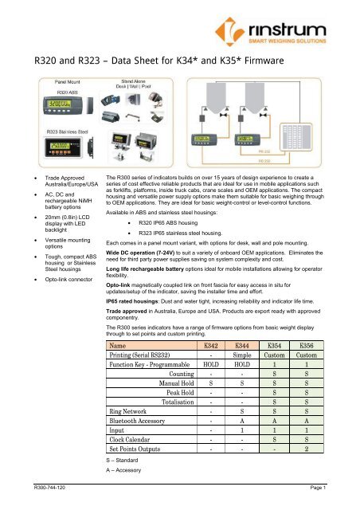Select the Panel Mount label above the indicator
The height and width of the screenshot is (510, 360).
pyautogui.click(x=51, y=80)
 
